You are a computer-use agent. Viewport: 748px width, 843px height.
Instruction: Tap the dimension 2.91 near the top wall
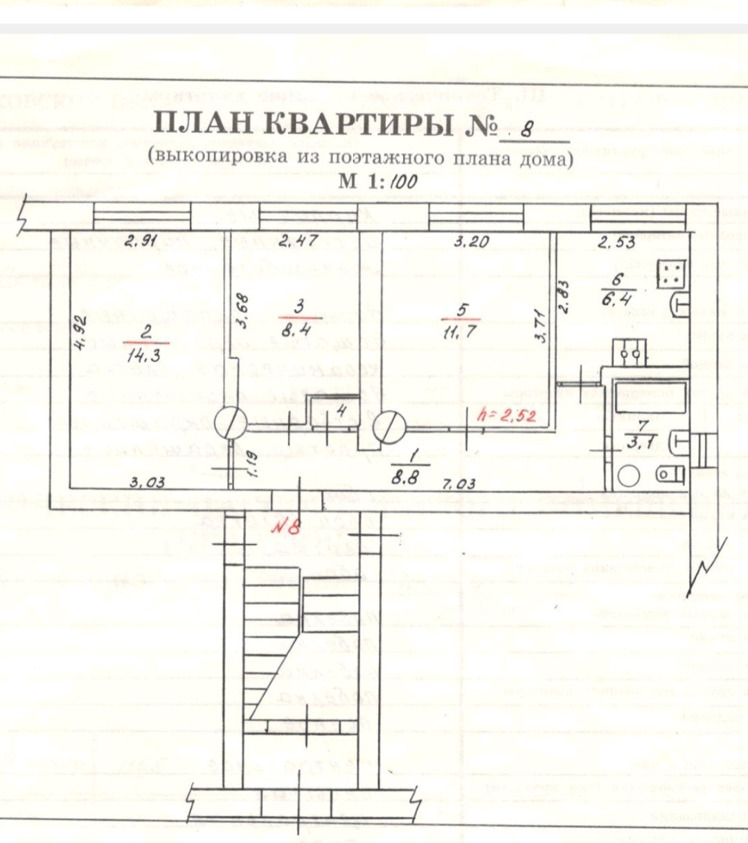143,242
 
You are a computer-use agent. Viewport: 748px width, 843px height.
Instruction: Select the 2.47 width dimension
299,242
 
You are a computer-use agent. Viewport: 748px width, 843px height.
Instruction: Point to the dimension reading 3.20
471,242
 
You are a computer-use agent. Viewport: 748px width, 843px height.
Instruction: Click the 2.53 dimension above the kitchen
616,243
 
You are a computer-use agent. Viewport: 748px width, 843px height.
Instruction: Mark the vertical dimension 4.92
79,333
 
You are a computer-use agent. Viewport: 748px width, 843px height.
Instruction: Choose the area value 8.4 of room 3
299,329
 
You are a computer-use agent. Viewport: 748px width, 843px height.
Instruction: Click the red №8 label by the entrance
285,527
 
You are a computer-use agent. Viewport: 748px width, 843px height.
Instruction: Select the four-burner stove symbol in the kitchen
670,274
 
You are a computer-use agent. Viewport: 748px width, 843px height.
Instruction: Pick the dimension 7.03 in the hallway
458,484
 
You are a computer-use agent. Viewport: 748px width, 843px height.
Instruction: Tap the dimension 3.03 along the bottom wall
147,482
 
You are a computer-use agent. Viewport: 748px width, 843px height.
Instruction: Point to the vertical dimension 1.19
253,464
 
